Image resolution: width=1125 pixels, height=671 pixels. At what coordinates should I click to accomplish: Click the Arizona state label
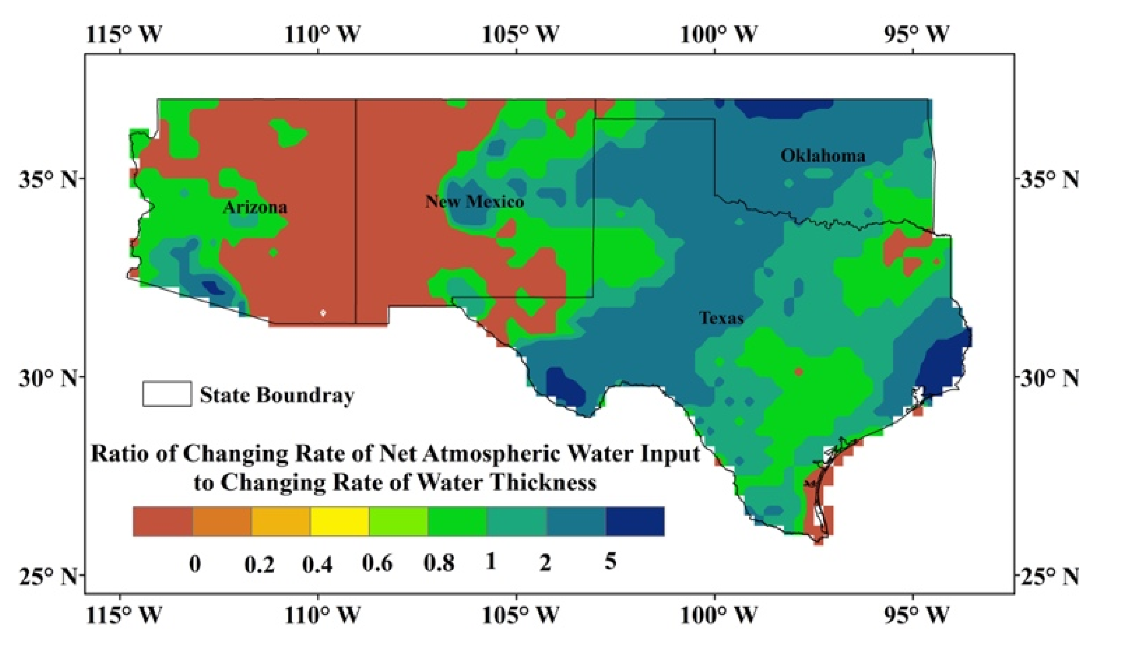[255, 207]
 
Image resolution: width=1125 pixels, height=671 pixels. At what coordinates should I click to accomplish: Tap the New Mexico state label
[474, 201]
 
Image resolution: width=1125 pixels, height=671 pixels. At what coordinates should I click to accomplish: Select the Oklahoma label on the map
[823, 155]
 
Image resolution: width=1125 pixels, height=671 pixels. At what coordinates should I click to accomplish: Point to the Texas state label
[721, 318]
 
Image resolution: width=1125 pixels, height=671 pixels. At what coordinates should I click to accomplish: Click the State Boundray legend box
[167, 394]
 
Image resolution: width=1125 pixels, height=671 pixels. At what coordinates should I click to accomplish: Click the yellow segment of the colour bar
[340, 522]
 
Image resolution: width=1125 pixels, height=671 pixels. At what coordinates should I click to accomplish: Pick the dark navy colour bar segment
[635, 522]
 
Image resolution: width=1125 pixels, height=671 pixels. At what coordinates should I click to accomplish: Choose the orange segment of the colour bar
[222, 522]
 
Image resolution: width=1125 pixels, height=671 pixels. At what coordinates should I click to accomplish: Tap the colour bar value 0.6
[377, 563]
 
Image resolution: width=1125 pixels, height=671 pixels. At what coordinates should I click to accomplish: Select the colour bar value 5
[610, 561]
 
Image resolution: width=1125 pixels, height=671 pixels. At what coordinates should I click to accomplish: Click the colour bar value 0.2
[259, 564]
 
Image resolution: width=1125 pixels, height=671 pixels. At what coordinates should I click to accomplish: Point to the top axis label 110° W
[323, 34]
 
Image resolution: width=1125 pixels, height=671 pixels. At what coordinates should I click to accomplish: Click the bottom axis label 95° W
[916, 615]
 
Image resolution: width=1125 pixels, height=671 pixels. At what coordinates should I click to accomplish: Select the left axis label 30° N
[49, 378]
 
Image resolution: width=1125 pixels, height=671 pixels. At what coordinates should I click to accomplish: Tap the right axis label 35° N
[1048, 179]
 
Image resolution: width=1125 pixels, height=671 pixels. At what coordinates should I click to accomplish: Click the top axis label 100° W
[718, 34]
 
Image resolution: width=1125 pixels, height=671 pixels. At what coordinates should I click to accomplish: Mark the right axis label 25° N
[1048, 576]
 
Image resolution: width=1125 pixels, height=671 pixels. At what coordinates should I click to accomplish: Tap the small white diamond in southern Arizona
[323, 313]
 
